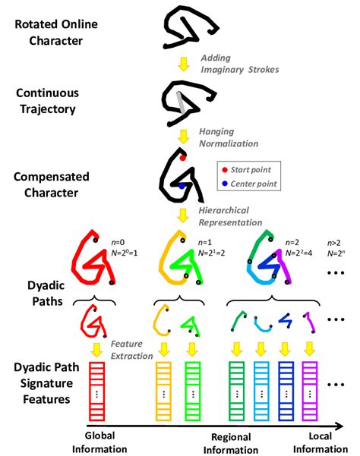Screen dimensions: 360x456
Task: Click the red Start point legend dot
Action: tap(224, 170)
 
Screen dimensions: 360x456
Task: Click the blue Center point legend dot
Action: tap(224, 184)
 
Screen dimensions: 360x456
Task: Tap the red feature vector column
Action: tap(96, 392)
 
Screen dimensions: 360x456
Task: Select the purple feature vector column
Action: tap(310, 392)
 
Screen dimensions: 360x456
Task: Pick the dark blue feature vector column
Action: tap(286, 392)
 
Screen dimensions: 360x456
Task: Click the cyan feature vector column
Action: tap(261, 392)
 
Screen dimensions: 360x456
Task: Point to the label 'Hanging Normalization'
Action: tap(229, 137)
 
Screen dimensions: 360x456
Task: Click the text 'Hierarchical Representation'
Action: tap(230, 216)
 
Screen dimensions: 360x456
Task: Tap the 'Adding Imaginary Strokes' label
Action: tap(240, 64)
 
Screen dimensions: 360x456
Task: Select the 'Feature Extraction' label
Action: tap(131, 350)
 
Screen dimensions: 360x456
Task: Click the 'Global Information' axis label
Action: tap(99, 442)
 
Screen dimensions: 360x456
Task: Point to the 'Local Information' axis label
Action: tap(321, 442)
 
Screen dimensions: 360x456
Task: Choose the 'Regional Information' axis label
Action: tap(231, 444)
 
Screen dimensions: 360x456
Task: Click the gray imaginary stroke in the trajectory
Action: tap(180, 102)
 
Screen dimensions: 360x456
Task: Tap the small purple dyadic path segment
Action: tap(309, 322)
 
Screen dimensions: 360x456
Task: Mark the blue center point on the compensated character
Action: tap(182, 187)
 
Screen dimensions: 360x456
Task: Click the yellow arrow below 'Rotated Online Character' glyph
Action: tap(184, 64)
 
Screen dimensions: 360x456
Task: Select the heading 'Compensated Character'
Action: tap(51, 184)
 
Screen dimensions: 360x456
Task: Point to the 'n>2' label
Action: tap(334, 243)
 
